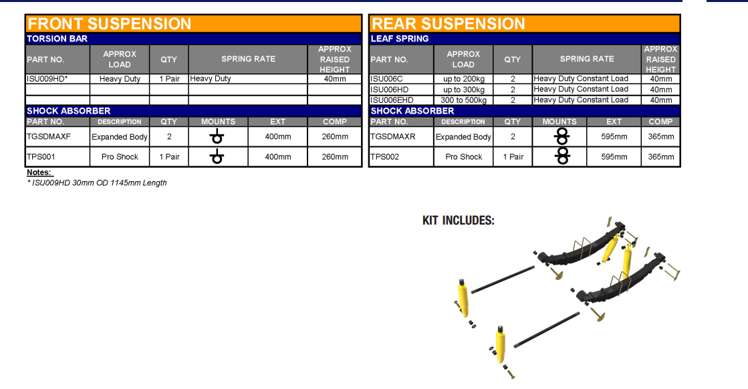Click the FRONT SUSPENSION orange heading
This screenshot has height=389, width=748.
point(109,24)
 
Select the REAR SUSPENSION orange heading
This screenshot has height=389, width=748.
point(448,24)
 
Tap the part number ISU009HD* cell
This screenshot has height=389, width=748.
point(47,79)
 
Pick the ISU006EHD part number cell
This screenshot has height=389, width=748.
point(392,100)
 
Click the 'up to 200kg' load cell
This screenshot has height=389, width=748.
point(464,79)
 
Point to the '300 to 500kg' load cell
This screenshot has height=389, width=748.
point(464,100)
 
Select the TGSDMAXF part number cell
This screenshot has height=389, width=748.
point(49,136)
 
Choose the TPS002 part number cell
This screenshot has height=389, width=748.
point(385,156)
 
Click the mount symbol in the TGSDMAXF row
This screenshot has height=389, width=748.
point(217,136)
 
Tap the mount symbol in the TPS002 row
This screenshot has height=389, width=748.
point(562,156)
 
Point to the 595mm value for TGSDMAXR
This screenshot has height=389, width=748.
point(614,136)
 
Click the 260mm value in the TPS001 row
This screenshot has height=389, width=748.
point(335,156)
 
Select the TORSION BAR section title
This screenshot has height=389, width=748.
point(57,39)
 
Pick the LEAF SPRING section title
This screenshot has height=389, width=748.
point(400,39)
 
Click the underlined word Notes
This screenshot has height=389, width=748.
point(40,172)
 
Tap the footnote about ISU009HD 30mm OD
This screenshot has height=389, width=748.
point(98,182)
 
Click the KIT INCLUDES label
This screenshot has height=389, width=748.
point(459,221)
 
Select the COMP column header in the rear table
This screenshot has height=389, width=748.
point(660,122)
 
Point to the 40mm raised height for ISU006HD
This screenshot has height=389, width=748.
point(661,90)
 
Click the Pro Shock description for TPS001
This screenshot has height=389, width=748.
point(120,156)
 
